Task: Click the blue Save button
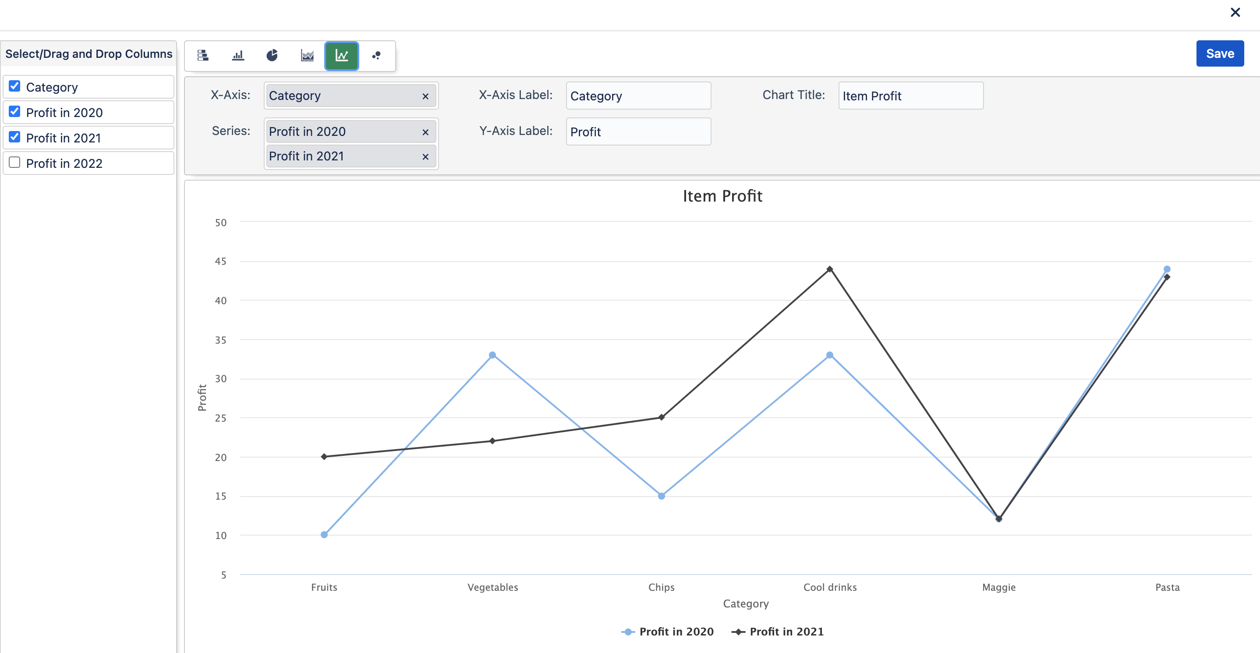click(x=1219, y=53)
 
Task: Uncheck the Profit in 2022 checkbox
click(x=14, y=163)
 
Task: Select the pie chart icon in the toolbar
click(x=272, y=56)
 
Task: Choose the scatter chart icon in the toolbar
click(x=376, y=56)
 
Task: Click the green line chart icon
click(x=341, y=56)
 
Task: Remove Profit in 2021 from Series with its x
click(x=425, y=156)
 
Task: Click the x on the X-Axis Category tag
click(x=425, y=96)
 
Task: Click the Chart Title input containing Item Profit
click(x=910, y=96)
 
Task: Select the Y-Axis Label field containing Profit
click(x=638, y=131)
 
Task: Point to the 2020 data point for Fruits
click(x=324, y=535)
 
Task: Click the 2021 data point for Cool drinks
click(x=830, y=269)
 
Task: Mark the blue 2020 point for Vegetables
click(x=492, y=355)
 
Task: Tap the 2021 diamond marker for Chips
click(x=661, y=417)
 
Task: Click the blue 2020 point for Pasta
click(x=1167, y=269)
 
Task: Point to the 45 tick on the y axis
click(x=221, y=262)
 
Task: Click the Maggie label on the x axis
click(x=999, y=587)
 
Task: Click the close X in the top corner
click(x=1235, y=12)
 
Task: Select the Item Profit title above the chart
click(x=722, y=196)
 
